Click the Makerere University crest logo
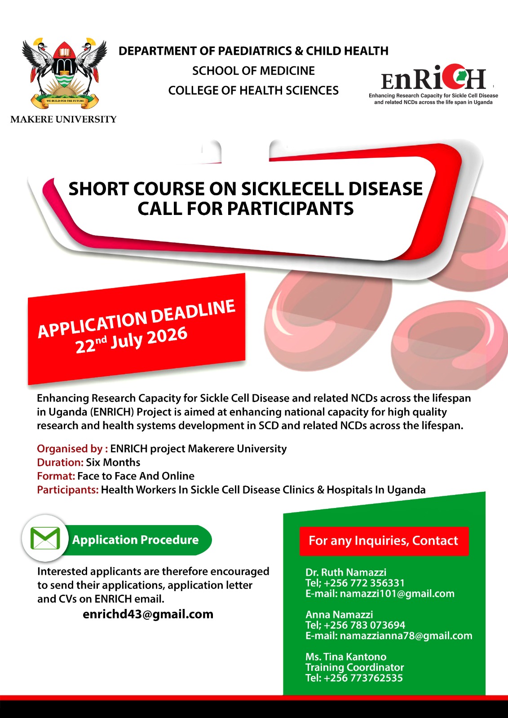64,74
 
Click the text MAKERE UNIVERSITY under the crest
63,119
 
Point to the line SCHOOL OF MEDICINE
253,71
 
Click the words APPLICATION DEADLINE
137,318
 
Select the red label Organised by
72,449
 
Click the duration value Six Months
113,462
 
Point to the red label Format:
56,476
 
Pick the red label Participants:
68,490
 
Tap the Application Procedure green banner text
136,540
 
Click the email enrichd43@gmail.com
148,614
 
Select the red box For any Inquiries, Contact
384,541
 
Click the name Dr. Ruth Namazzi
346,572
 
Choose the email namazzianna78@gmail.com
406,635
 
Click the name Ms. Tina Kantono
346,657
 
